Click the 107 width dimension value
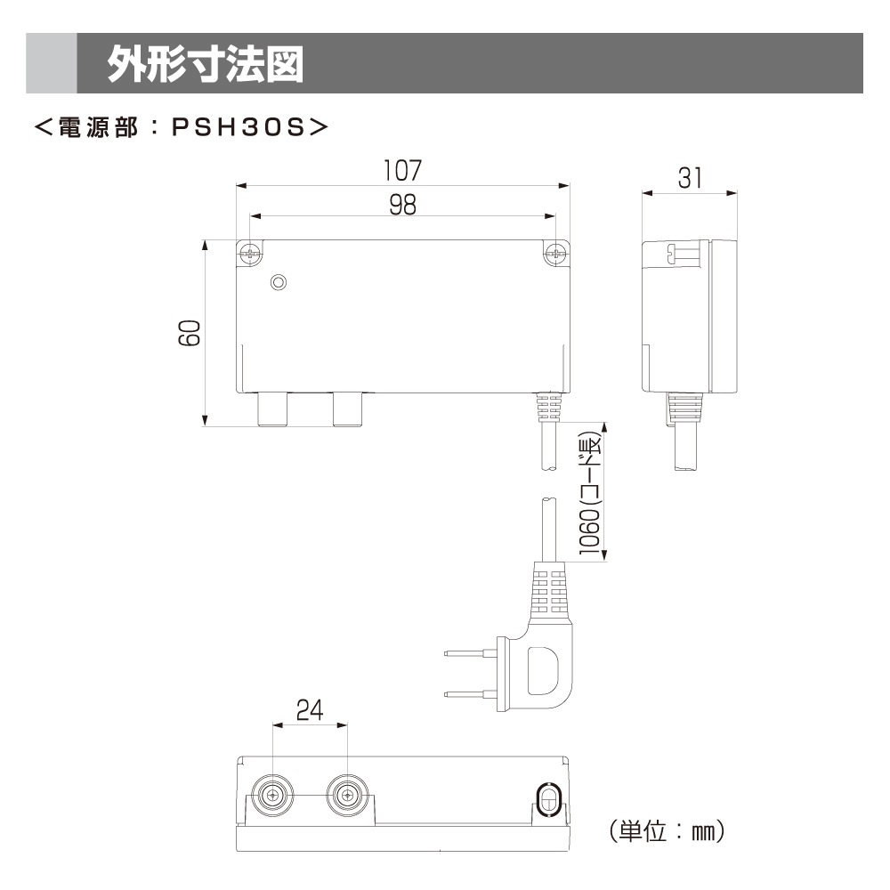click(x=402, y=169)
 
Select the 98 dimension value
click(x=402, y=205)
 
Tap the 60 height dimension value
click(x=189, y=334)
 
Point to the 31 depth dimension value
click(x=690, y=178)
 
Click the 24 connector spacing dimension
click(x=310, y=710)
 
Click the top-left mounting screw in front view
click(x=250, y=253)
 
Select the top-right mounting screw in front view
click(x=556, y=253)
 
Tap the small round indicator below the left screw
click(x=279, y=283)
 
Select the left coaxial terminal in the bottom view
click(x=272, y=794)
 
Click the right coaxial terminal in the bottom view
click(x=347, y=794)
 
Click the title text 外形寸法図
click(x=205, y=63)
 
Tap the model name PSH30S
click(x=238, y=127)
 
